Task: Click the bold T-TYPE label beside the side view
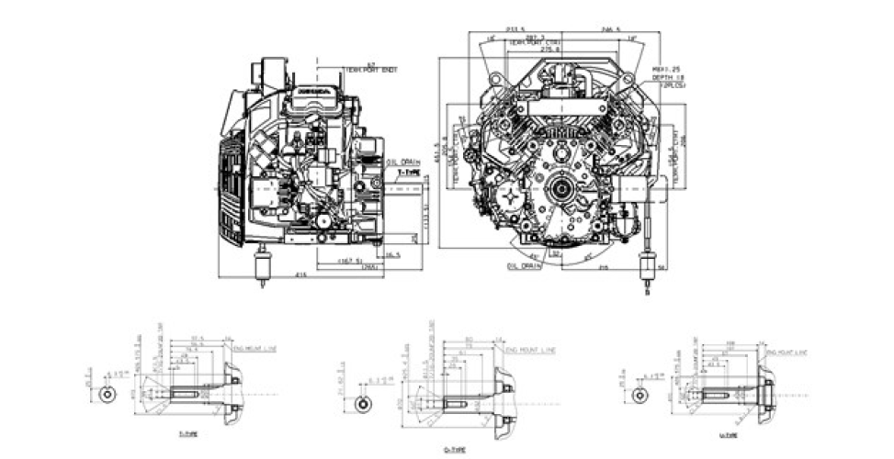407,172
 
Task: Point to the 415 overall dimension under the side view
300,275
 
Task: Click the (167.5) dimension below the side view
347,262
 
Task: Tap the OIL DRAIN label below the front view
524,265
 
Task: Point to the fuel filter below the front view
649,271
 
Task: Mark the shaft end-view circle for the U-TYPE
639,394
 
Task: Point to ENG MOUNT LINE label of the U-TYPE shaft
788,351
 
